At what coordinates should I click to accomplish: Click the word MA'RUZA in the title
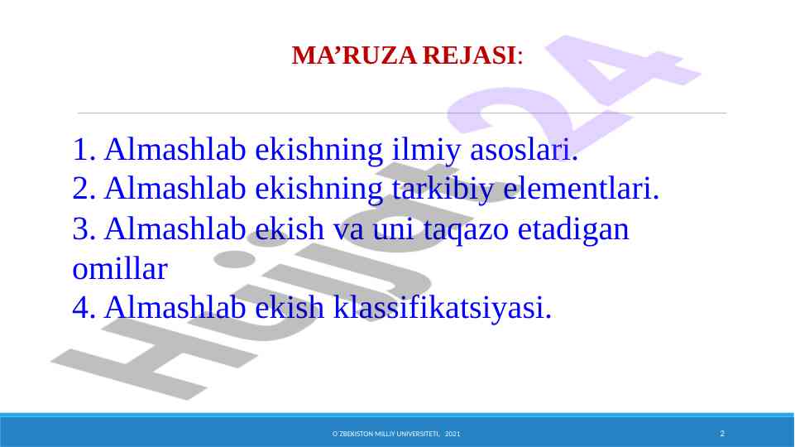(354, 55)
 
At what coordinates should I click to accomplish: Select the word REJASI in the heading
(470, 55)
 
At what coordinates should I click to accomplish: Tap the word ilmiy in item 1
(426, 150)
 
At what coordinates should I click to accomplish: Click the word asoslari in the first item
(524, 150)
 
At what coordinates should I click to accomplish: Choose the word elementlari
(581, 189)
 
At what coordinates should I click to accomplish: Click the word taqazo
(466, 230)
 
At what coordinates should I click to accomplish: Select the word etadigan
(573, 230)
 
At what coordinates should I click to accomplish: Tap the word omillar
(120, 269)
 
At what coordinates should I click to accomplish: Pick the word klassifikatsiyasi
(442, 308)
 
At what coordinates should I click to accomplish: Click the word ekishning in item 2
(319, 190)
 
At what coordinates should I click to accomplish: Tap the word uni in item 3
(393, 229)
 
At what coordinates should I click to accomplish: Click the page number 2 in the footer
(722, 433)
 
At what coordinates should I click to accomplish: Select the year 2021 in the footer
(453, 434)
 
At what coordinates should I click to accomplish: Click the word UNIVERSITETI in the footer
(419, 434)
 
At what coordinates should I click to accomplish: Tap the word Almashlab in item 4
(175, 308)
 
